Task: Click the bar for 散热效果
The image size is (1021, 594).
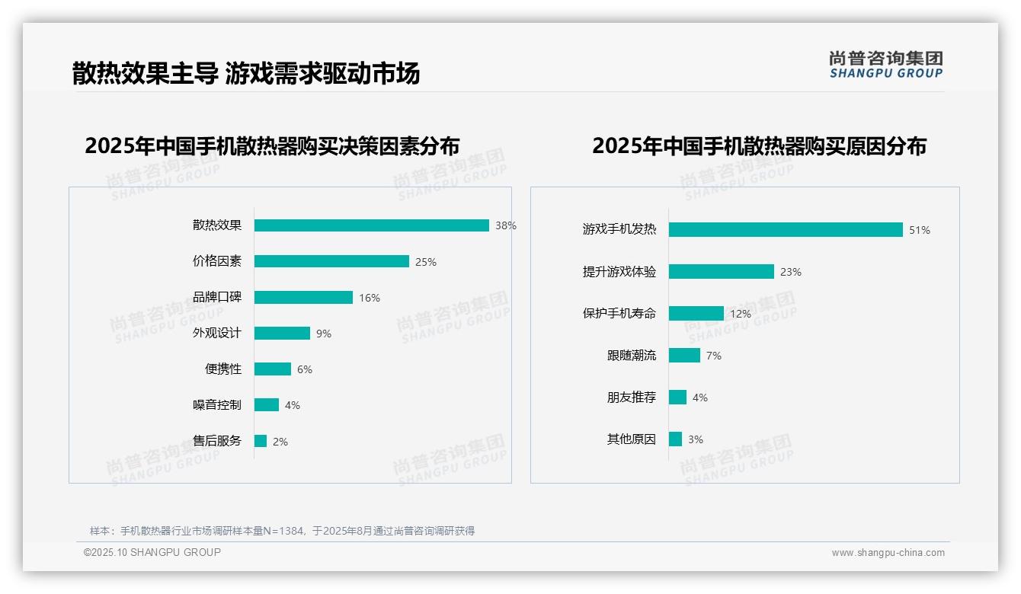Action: pos(371,225)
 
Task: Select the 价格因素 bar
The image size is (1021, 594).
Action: pos(331,261)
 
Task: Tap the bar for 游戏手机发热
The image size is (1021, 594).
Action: pos(786,229)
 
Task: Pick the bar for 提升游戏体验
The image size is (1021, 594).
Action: pos(721,272)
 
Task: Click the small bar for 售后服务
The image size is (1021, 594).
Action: pos(261,441)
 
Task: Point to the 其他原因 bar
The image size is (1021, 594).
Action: pos(675,439)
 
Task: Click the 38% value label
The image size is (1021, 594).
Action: pos(505,225)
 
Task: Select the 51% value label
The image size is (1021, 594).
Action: pos(919,230)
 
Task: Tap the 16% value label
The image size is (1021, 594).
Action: pos(369,298)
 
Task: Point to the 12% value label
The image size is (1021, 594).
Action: pos(740,314)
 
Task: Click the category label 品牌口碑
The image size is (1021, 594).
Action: pos(217,297)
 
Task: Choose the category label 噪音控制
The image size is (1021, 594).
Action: pos(217,404)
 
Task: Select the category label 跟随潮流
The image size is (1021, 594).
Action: pos(631,355)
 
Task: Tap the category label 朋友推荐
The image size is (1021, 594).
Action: pos(631,397)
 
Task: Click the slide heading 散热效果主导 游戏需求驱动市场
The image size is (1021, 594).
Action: pos(245,74)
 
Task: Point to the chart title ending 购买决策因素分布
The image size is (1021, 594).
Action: pos(272,146)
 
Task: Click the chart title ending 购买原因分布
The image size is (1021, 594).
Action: pos(759,146)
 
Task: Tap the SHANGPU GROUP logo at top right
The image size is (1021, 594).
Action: pos(885,65)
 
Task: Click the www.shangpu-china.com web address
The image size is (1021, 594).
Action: pos(888,553)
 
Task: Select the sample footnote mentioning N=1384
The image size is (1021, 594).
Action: pos(282,531)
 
